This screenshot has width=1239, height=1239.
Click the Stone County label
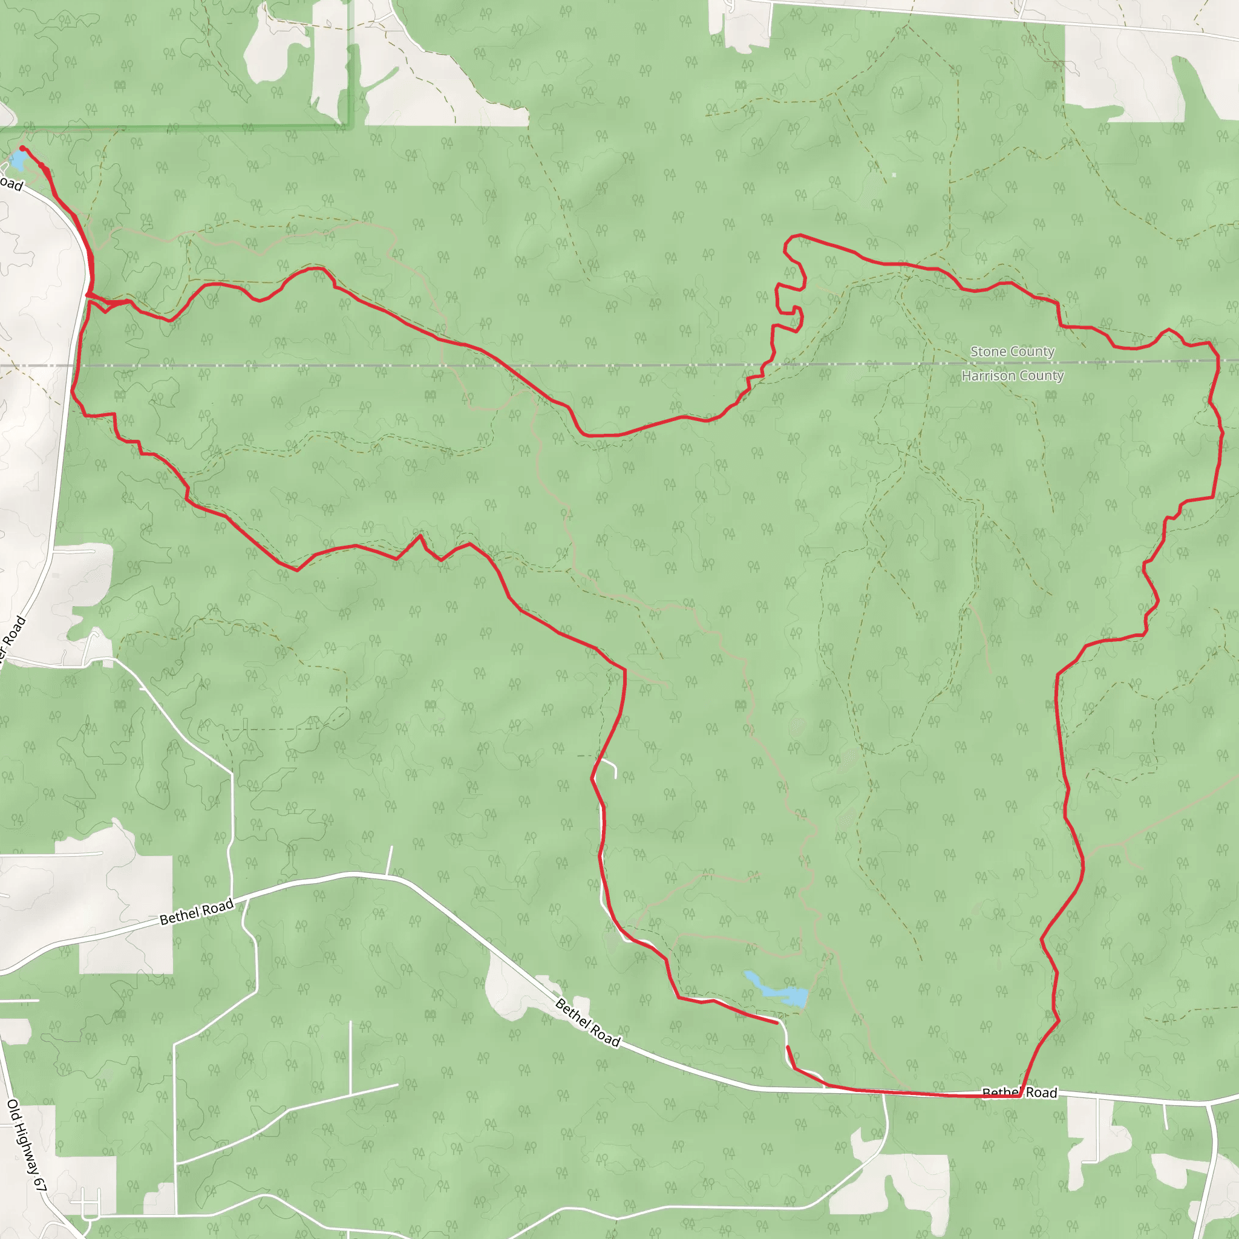pyautogui.click(x=1012, y=351)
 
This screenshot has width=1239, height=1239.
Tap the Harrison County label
pyautogui.click(x=1012, y=376)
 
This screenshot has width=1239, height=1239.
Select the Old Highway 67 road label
pyautogui.click(x=27, y=1145)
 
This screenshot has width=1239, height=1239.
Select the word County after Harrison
pyautogui.click(x=1043, y=376)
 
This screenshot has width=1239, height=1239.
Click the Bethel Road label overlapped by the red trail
pyautogui.click(x=1019, y=1092)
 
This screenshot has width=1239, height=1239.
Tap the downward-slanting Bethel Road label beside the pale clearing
pyautogui.click(x=587, y=1023)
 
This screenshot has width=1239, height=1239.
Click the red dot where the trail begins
pyautogui.click(x=22, y=148)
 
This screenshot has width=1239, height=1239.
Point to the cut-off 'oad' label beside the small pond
pyautogui.click(x=11, y=185)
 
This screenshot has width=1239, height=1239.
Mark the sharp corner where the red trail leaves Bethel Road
pyautogui.click(x=1019, y=1096)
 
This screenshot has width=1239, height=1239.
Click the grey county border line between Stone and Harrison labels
pyautogui.click(x=1012, y=364)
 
